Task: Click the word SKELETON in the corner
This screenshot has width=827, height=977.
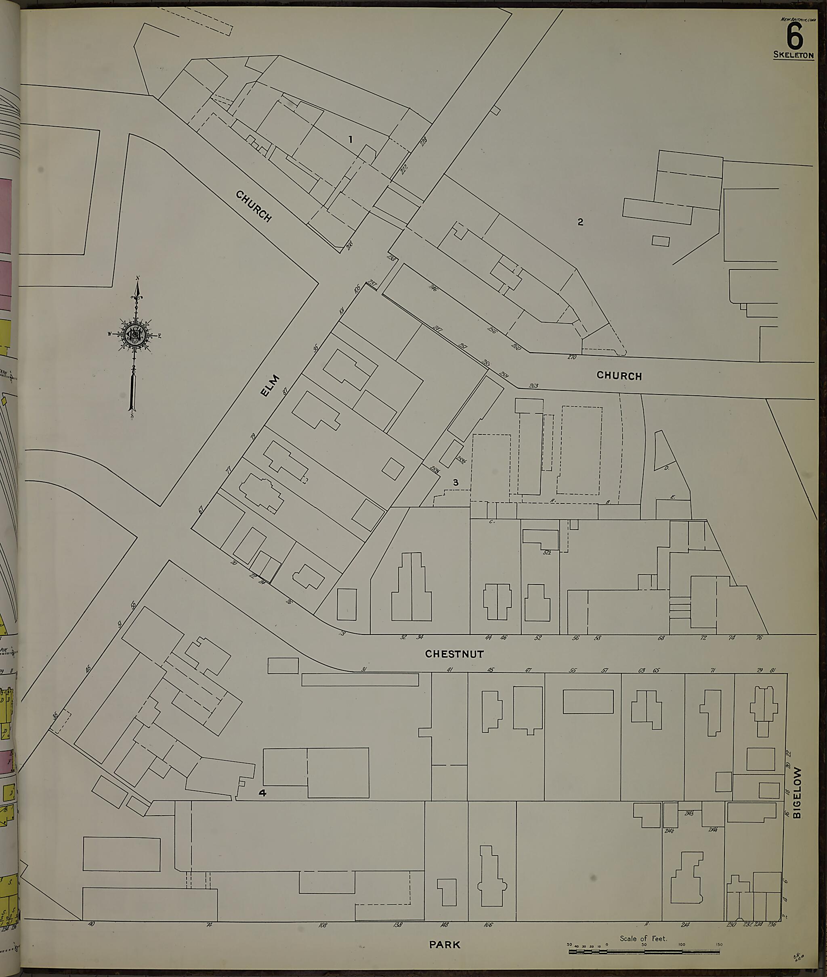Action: (x=794, y=55)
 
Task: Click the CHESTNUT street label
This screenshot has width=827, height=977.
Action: (x=454, y=654)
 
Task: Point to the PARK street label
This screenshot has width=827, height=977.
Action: (x=445, y=945)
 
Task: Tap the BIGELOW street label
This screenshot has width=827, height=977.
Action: (x=798, y=793)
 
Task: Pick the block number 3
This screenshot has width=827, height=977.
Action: (x=455, y=482)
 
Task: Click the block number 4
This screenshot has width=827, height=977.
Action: (x=263, y=793)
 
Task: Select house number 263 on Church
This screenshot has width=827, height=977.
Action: (x=533, y=386)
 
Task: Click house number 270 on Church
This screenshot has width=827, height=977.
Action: (x=571, y=357)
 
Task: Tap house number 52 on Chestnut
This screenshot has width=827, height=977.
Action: (x=538, y=637)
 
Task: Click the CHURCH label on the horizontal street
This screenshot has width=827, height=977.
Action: (x=619, y=376)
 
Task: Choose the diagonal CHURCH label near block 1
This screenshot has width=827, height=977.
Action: (x=253, y=206)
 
